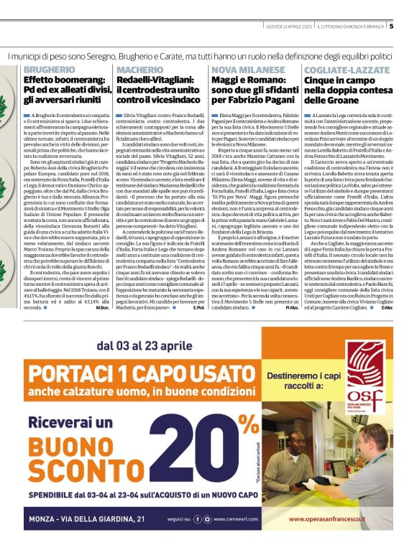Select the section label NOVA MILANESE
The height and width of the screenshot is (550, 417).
tap(243, 69)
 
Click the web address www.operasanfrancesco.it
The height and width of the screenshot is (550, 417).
tap(330, 536)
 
